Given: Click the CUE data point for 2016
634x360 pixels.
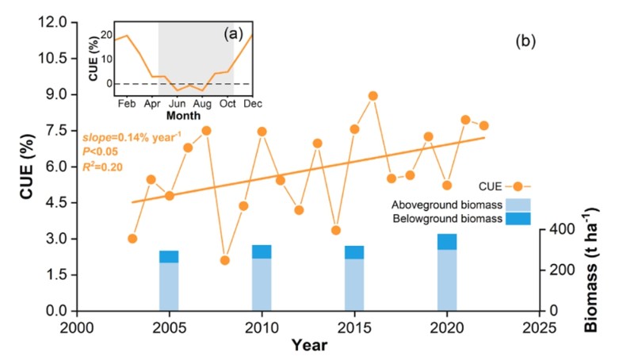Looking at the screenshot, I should [372, 96].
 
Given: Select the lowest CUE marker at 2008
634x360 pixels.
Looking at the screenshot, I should [224, 260].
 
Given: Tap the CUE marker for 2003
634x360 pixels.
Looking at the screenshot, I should [132, 239].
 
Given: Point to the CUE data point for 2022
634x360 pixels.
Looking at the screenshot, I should [483, 125].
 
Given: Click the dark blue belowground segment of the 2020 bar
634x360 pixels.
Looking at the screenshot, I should [447, 242].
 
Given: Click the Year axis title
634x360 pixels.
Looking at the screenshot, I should [307, 345].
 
